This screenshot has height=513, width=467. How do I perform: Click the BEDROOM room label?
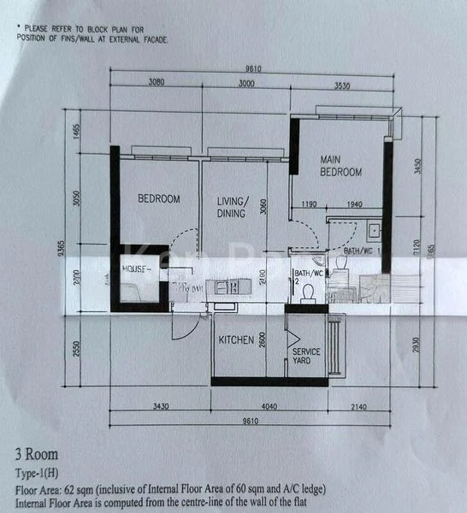point(159,199)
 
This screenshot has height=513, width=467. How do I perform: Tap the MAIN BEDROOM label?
point(340,166)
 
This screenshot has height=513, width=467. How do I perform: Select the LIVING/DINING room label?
point(232,207)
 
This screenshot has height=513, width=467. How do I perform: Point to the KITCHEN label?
point(236,340)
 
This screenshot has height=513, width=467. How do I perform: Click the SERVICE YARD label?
point(306,357)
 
